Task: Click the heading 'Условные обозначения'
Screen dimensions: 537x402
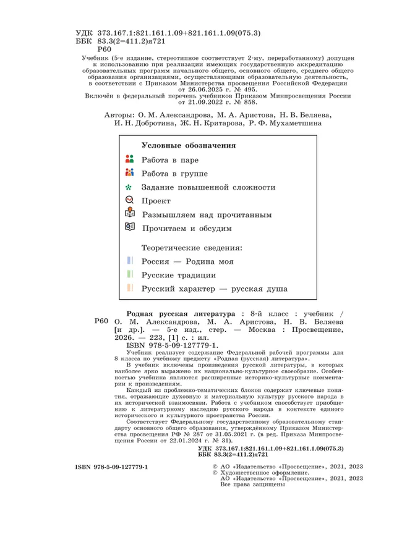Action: point(189,146)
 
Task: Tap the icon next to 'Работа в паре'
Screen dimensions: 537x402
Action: point(129,159)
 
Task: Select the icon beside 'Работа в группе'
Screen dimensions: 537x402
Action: point(129,173)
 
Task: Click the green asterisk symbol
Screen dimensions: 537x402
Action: point(129,187)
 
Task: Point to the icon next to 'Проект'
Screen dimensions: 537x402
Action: point(129,200)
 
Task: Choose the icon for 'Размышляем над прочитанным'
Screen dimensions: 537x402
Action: point(129,214)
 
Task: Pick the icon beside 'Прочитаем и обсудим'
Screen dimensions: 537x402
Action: point(129,227)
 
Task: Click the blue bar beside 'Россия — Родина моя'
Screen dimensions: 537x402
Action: point(130,261)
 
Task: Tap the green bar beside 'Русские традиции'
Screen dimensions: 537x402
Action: point(130,274)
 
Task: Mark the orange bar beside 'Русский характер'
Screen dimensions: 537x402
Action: point(130,287)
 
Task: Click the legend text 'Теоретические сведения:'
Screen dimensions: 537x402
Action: point(192,247)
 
